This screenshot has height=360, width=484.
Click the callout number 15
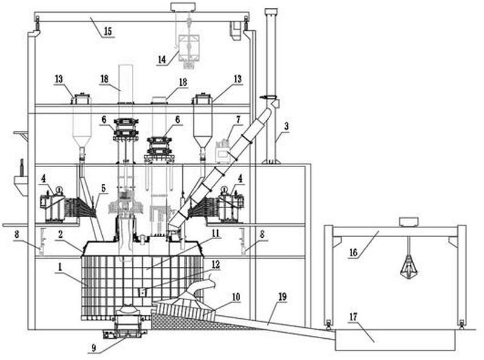(x=108, y=32)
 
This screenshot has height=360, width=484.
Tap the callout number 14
(x=162, y=59)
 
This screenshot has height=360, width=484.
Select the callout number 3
(x=287, y=126)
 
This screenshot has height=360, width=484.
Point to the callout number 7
(x=238, y=119)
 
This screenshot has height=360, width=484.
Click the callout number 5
(x=103, y=188)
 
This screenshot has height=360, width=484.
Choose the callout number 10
(x=235, y=297)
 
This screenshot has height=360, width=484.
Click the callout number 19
(x=283, y=297)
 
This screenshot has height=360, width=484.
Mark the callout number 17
(x=353, y=317)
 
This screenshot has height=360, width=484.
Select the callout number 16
(x=353, y=252)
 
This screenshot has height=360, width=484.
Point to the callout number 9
(x=94, y=349)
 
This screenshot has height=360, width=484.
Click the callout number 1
(x=60, y=267)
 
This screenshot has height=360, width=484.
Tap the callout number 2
(x=60, y=235)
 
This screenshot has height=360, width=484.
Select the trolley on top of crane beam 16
(x=408, y=221)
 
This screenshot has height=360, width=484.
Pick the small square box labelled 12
(x=142, y=292)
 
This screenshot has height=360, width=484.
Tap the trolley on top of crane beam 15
(x=183, y=7)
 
